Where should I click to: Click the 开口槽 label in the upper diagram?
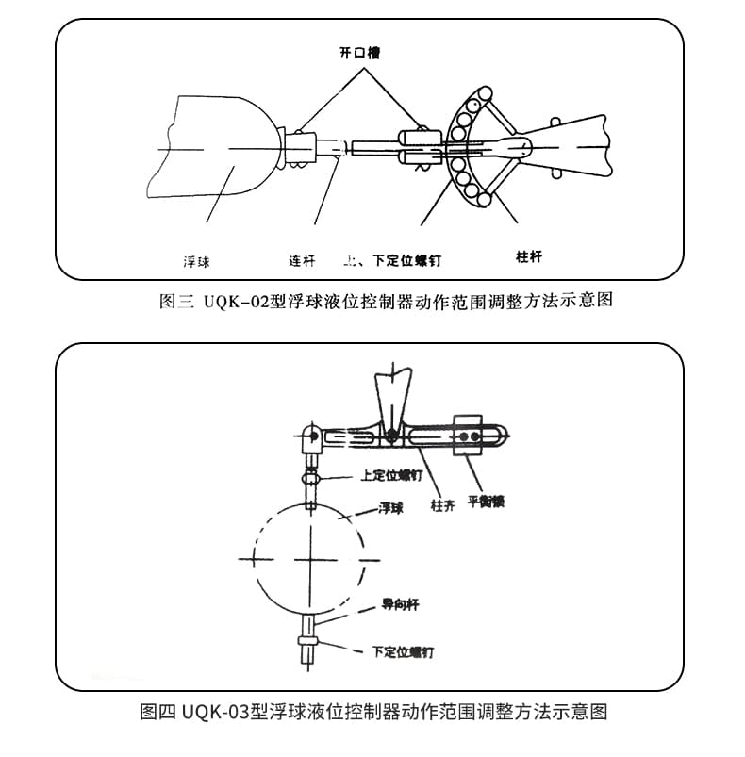[360, 53]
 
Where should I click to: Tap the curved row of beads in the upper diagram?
[465, 147]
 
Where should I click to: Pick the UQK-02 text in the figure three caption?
[231, 302]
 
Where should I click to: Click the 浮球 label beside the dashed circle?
[390, 508]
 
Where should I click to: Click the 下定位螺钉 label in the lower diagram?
[403, 651]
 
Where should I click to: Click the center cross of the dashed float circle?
[309, 558]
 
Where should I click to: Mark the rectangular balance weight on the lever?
[468, 435]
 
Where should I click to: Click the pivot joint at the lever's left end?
[313, 436]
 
